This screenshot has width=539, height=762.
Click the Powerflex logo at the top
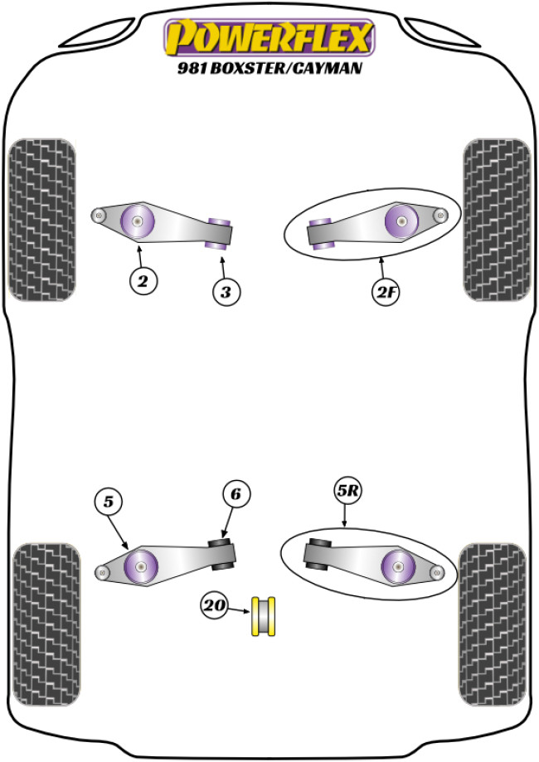269,37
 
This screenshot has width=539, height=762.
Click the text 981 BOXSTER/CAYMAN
269,70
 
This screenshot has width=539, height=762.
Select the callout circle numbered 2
143,281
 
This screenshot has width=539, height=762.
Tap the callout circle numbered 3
226,291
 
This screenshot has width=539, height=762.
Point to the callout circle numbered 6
236,495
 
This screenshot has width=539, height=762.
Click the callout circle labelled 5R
348,492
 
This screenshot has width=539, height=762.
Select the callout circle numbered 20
215,607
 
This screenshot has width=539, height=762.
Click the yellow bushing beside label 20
265,614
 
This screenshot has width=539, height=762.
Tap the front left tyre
41,219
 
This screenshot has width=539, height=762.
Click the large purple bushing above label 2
138,220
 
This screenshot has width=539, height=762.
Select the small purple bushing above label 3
220,232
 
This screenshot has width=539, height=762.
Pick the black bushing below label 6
222,554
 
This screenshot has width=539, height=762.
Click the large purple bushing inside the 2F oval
402,221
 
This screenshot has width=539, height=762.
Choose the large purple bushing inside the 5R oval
400,567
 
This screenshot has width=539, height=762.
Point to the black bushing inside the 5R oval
318,555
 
